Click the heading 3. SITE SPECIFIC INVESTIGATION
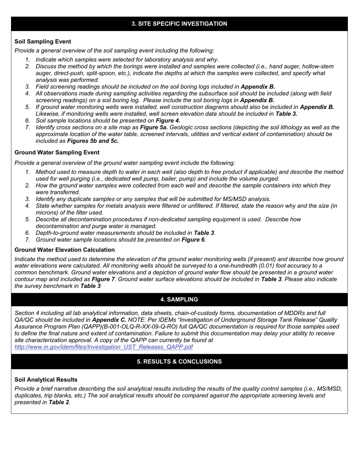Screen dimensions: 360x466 179,24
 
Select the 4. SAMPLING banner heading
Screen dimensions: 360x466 179,300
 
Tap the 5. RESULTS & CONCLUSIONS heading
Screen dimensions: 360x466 179,362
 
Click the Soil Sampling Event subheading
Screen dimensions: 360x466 43,42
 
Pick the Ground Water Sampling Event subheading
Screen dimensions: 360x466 57,153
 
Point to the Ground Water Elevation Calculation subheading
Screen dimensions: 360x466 64,250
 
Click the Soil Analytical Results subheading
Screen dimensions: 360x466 46,380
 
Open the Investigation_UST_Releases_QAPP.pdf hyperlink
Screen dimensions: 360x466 103,347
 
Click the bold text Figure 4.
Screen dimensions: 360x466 168,121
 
